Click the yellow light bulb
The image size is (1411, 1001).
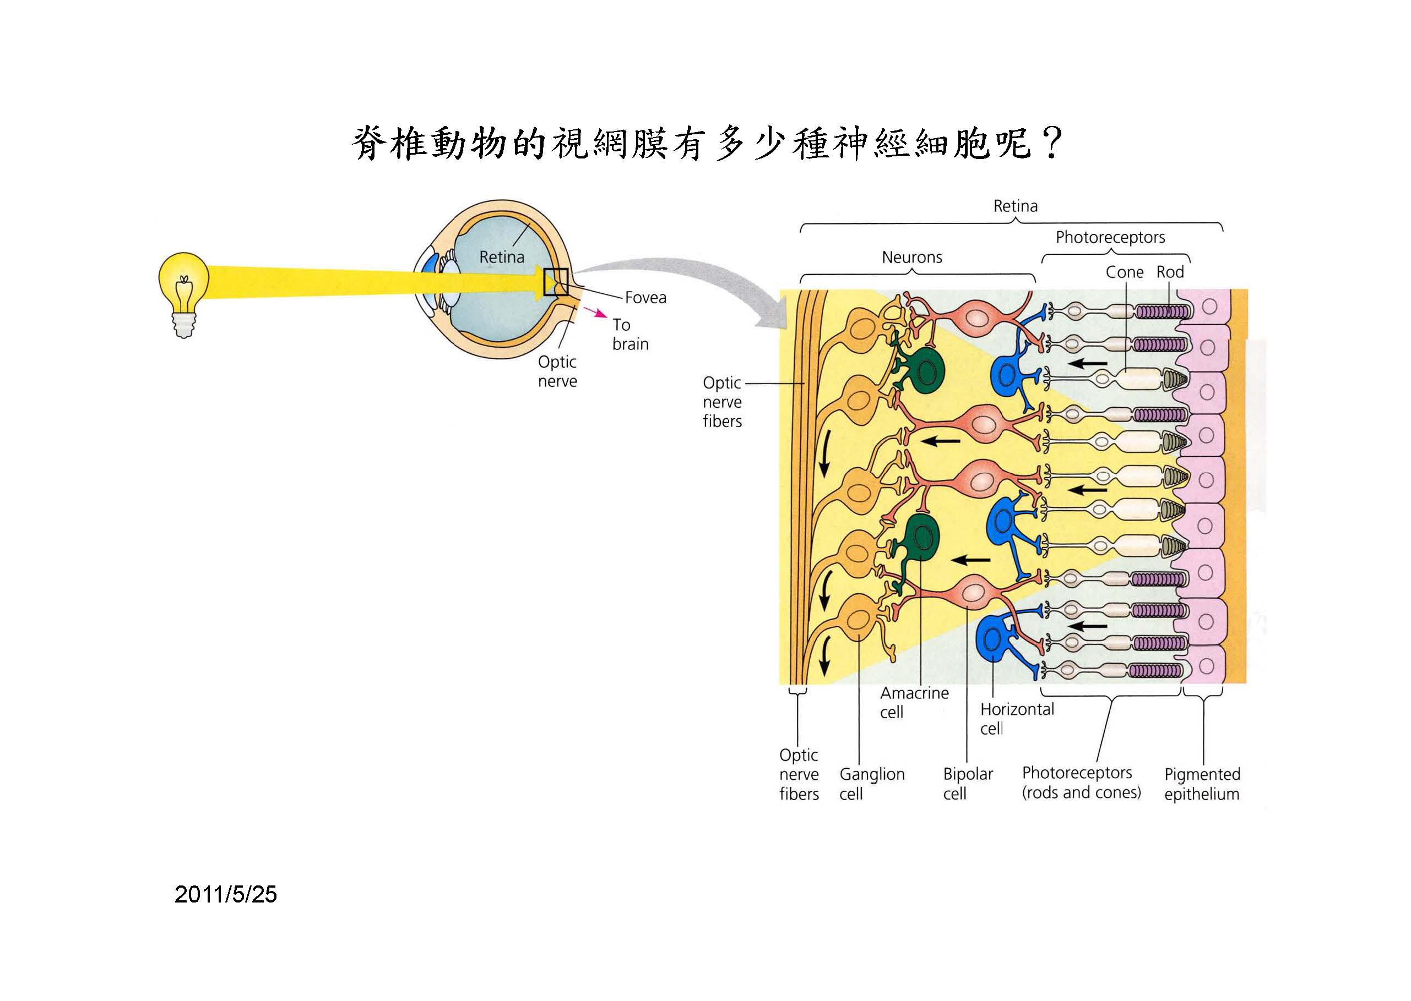(x=183, y=289)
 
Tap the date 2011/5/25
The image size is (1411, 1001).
(x=226, y=894)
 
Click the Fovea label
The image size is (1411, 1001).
(x=645, y=298)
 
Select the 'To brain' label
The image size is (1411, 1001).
(x=629, y=334)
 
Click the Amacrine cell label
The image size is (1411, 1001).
(x=913, y=702)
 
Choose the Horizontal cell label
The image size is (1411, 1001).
(x=1016, y=719)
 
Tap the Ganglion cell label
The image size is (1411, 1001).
(x=871, y=784)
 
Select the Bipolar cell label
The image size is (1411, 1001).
(x=968, y=784)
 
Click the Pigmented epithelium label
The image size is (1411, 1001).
(x=1201, y=784)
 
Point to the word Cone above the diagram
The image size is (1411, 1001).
(x=1124, y=272)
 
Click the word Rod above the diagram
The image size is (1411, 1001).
(x=1169, y=272)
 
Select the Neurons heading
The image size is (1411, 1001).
(x=911, y=257)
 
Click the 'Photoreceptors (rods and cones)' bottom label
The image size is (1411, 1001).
(x=1081, y=783)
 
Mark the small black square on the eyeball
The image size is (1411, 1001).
(x=555, y=282)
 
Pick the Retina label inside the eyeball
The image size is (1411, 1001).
(x=501, y=257)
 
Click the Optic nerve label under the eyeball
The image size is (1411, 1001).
(x=557, y=371)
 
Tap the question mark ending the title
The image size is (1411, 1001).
(x=1050, y=143)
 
